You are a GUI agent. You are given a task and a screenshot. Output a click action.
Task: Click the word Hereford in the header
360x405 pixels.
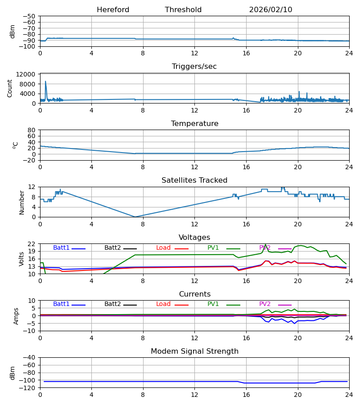coord(113,10)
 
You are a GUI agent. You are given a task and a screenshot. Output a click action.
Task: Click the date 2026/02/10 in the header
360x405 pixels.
coord(270,10)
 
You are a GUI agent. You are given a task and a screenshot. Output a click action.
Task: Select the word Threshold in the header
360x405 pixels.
coord(183,10)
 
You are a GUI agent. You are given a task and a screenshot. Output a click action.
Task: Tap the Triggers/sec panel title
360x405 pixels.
coord(194,67)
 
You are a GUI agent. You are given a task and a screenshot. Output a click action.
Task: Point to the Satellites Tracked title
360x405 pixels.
coord(194,180)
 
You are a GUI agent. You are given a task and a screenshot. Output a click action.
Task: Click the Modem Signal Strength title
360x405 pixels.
coord(194,351)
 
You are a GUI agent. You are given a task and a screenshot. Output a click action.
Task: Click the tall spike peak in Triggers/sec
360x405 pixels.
coord(45,81)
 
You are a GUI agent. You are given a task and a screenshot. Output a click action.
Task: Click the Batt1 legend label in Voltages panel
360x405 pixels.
coord(61,248)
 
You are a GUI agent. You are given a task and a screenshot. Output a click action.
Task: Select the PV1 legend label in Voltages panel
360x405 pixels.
coord(213,248)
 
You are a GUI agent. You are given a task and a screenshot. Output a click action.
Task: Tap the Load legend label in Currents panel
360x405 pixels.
coord(163,304)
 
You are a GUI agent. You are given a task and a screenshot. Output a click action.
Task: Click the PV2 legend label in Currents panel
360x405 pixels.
coord(265,304)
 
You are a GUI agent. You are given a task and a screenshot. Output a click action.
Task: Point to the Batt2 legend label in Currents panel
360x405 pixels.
coord(112,304)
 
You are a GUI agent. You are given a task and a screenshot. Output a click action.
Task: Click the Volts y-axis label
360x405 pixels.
coord(22,259)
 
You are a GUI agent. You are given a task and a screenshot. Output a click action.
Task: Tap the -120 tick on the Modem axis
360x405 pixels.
coord(28,387)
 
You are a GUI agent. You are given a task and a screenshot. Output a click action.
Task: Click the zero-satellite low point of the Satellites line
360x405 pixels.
coord(135,217)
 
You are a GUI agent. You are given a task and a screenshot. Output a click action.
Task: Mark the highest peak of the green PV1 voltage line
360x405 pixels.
coord(265,244)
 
